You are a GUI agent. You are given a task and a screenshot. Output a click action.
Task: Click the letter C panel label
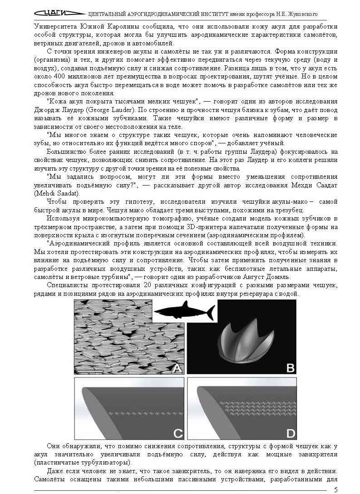(178, 432)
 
